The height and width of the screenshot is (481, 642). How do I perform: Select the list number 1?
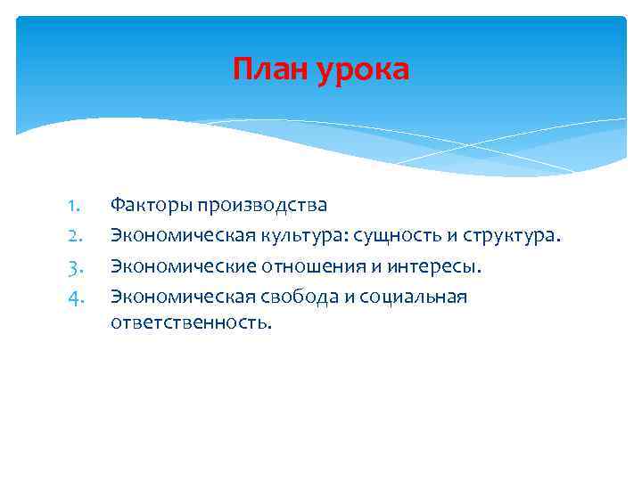pos(75,206)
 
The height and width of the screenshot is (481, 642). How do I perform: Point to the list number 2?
pos(75,236)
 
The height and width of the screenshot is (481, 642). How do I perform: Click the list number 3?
pos(75,266)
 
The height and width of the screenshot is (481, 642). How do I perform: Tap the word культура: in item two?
pos(300,236)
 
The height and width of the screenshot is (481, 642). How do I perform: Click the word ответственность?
pos(190,322)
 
